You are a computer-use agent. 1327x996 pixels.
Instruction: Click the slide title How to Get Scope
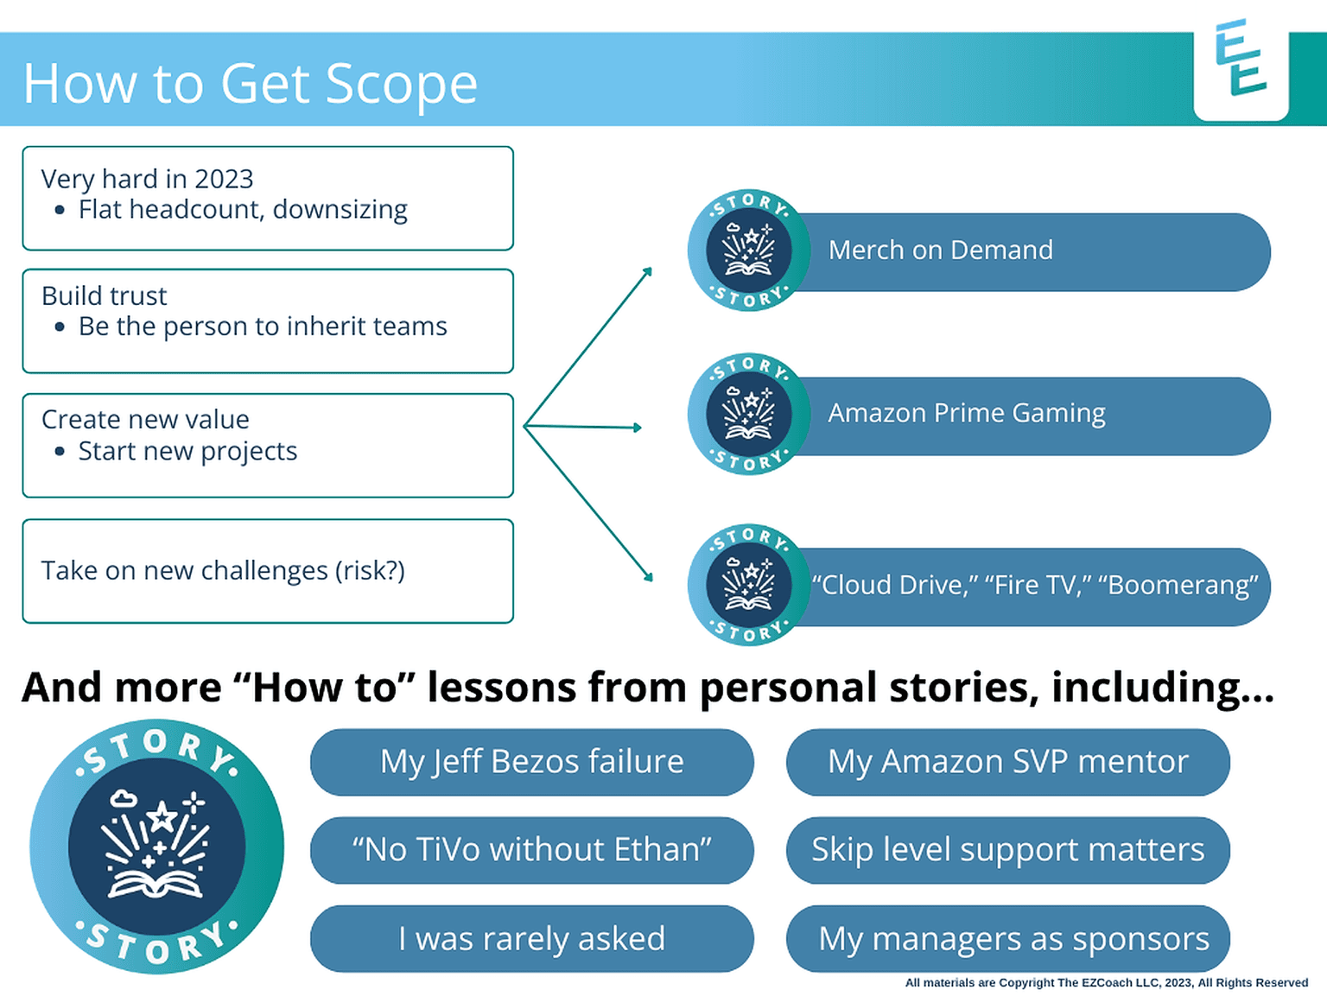point(250,84)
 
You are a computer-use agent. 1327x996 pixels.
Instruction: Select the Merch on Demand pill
point(1028,251)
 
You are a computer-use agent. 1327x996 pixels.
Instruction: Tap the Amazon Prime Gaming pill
point(1028,415)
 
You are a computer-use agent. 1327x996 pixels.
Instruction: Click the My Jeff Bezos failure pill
point(531,762)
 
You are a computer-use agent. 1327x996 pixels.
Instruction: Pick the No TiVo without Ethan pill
point(531,850)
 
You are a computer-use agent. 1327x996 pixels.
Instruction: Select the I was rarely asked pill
point(531,938)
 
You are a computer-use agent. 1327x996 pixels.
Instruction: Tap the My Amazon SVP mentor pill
point(1007,762)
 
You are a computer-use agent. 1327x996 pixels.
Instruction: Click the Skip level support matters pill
point(1007,850)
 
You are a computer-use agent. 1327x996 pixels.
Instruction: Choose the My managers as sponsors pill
point(1007,938)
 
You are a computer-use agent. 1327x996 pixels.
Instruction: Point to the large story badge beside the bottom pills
point(156,847)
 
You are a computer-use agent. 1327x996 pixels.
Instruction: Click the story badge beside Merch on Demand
point(748,251)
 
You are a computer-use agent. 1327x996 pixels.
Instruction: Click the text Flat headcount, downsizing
point(243,210)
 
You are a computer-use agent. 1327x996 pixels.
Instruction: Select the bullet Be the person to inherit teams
point(263,327)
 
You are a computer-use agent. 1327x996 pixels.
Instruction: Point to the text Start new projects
point(187,451)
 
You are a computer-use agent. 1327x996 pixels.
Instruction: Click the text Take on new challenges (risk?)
point(223,571)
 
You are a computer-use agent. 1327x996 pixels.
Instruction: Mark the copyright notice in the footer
point(1106,983)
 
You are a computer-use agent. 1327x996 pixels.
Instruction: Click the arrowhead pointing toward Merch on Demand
point(647,272)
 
